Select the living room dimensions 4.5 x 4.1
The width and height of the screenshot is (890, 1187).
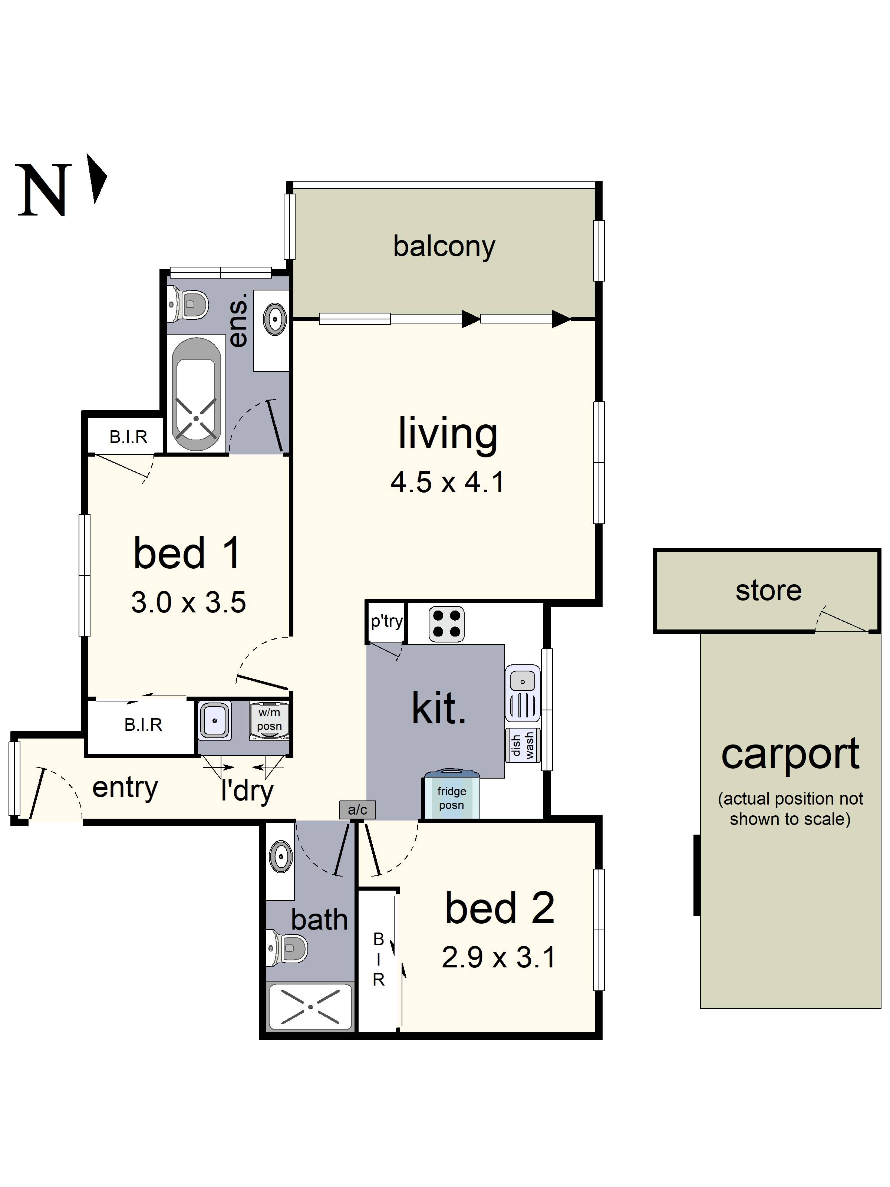click(447, 482)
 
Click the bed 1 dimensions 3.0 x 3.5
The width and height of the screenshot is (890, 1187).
click(188, 602)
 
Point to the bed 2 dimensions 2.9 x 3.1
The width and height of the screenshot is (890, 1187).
click(498, 957)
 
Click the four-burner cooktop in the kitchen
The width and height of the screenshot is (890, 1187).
click(446, 624)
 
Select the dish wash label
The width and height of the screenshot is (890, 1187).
click(523, 745)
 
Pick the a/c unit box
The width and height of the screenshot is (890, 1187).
click(357, 809)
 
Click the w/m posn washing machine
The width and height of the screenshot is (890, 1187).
click(269, 721)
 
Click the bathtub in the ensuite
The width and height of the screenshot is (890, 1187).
click(196, 394)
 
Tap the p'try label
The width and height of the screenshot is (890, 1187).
click(387, 621)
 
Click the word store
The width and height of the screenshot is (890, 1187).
click(768, 591)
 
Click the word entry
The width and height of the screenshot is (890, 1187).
click(125, 788)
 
